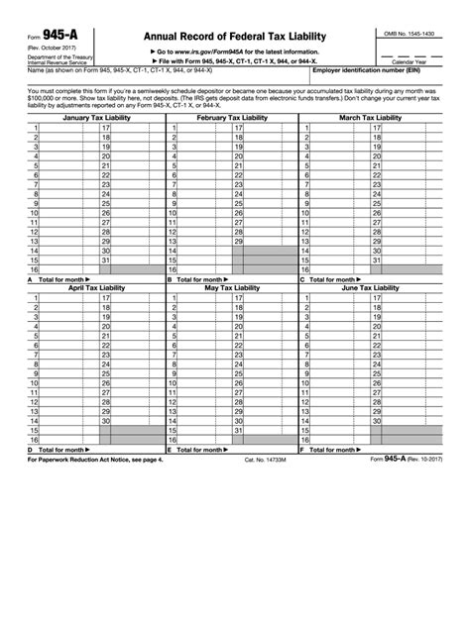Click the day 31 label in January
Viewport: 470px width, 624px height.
click(106, 260)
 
